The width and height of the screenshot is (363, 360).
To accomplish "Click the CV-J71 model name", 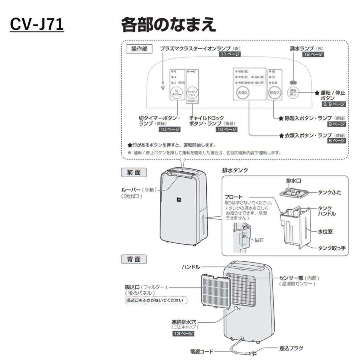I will pos(37,24).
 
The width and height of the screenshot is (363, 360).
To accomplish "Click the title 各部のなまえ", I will pos(168,25).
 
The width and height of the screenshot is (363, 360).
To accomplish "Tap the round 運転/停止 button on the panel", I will pos(293,93).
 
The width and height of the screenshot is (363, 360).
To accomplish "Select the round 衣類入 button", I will pos(243,92).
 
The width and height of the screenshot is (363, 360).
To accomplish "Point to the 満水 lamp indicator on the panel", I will pos(293,82).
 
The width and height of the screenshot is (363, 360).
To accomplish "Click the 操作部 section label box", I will pos(139,49).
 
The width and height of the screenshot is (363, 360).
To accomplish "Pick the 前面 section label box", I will pos(134,172).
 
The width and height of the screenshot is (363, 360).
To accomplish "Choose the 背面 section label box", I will pos(134,259).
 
